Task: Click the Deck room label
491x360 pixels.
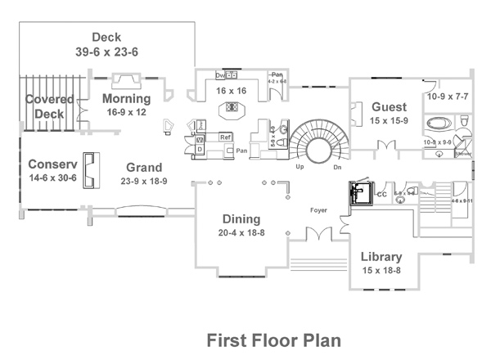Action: tap(107, 37)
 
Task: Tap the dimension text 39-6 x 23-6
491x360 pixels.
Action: tap(107, 51)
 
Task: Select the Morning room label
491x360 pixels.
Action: tap(126, 99)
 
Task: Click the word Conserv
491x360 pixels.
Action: tap(53, 163)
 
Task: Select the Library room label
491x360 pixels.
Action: tap(381, 257)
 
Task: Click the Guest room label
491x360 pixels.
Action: tap(389, 107)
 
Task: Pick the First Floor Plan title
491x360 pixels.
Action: tap(273, 339)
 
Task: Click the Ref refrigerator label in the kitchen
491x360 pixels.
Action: tap(223, 136)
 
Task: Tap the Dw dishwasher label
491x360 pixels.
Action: tap(220, 74)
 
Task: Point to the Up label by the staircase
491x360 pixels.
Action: tap(300, 165)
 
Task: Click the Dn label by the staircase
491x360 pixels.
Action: tap(337, 165)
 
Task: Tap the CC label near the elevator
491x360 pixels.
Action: tap(381, 195)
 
